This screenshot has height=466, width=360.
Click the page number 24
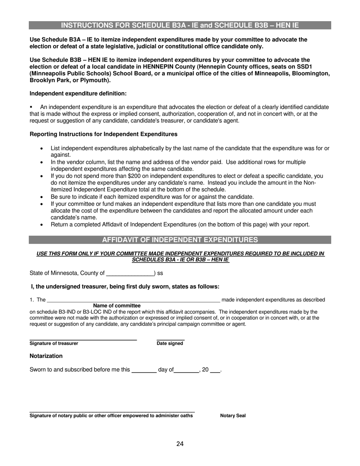coord(180,444)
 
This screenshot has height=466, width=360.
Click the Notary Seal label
coord(233,416)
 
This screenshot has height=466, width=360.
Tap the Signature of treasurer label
coord(54,344)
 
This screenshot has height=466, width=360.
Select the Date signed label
coord(170,344)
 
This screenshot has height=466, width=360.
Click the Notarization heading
coord(46,356)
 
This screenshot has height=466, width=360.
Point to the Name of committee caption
coord(117,306)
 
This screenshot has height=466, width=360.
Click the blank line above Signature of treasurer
coord(83,339)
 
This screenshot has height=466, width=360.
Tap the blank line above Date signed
coord(171,339)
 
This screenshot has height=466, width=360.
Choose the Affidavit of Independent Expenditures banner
coord(180,240)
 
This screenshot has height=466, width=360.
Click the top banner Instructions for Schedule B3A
coord(180,25)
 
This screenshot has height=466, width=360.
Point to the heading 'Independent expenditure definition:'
coord(78,94)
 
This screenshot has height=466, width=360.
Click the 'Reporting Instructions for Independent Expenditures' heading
coord(103,134)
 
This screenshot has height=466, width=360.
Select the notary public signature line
coord(112,411)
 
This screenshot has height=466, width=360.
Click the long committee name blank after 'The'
coord(133,300)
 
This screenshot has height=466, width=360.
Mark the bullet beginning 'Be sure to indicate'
coord(152,197)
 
